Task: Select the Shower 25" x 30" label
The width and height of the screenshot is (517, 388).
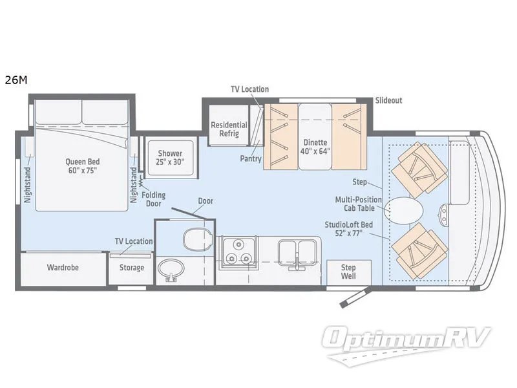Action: point(171,158)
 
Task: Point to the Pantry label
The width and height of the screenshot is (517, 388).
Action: point(250,158)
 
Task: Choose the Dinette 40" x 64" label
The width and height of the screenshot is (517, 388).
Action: point(316,147)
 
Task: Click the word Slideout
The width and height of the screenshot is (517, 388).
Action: point(388,101)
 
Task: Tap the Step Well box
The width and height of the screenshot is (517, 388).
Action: point(348,272)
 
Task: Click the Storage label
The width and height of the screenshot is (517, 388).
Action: point(132,268)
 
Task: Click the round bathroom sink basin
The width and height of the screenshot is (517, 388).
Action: point(171,270)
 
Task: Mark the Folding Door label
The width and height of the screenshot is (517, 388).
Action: point(154,199)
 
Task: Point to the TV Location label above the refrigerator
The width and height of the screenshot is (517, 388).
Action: point(249,89)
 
